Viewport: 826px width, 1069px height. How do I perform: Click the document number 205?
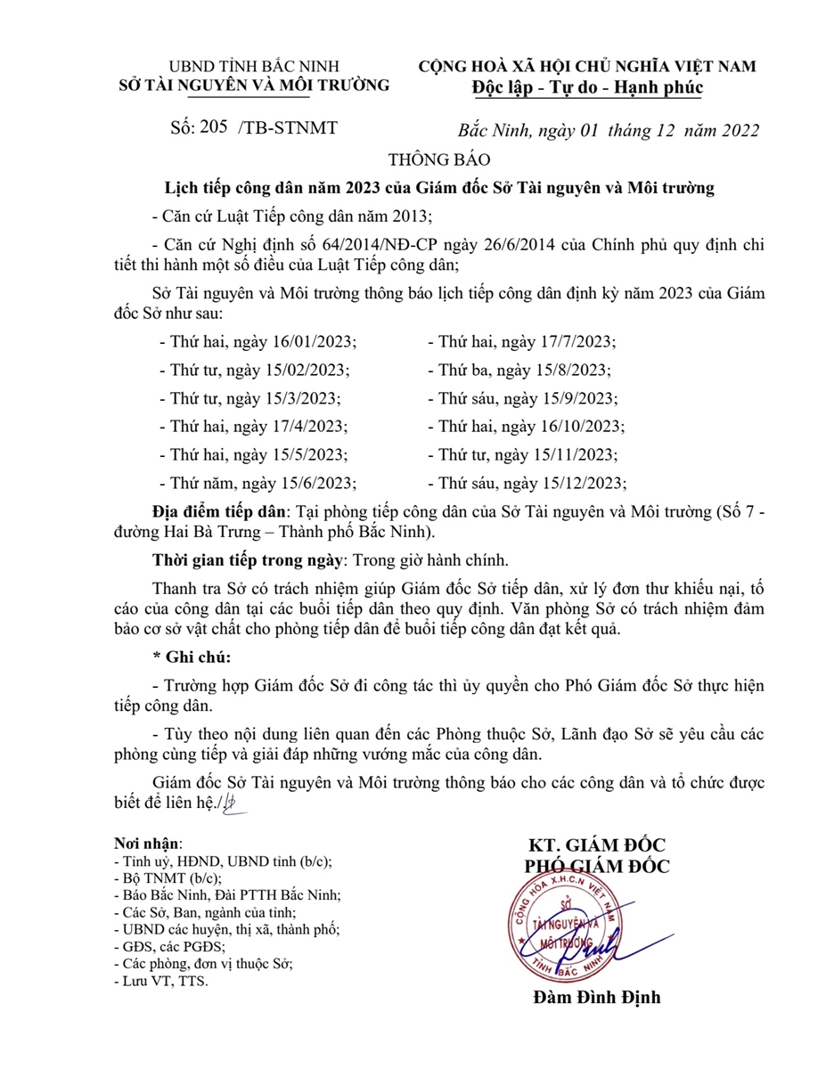(x=214, y=127)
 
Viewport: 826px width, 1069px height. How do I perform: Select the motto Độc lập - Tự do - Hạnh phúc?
(x=586, y=87)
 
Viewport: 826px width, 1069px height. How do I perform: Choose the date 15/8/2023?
(x=577, y=371)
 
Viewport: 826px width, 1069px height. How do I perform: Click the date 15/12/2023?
(x=586, y=484)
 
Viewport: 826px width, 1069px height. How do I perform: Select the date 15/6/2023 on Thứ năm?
(x=319, y=484)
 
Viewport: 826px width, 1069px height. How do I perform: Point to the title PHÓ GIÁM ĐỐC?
(x=596, y=866)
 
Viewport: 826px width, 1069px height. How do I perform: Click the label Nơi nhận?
(x=147, y=843)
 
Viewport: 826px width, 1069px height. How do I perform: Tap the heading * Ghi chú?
(x=192, y=658)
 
